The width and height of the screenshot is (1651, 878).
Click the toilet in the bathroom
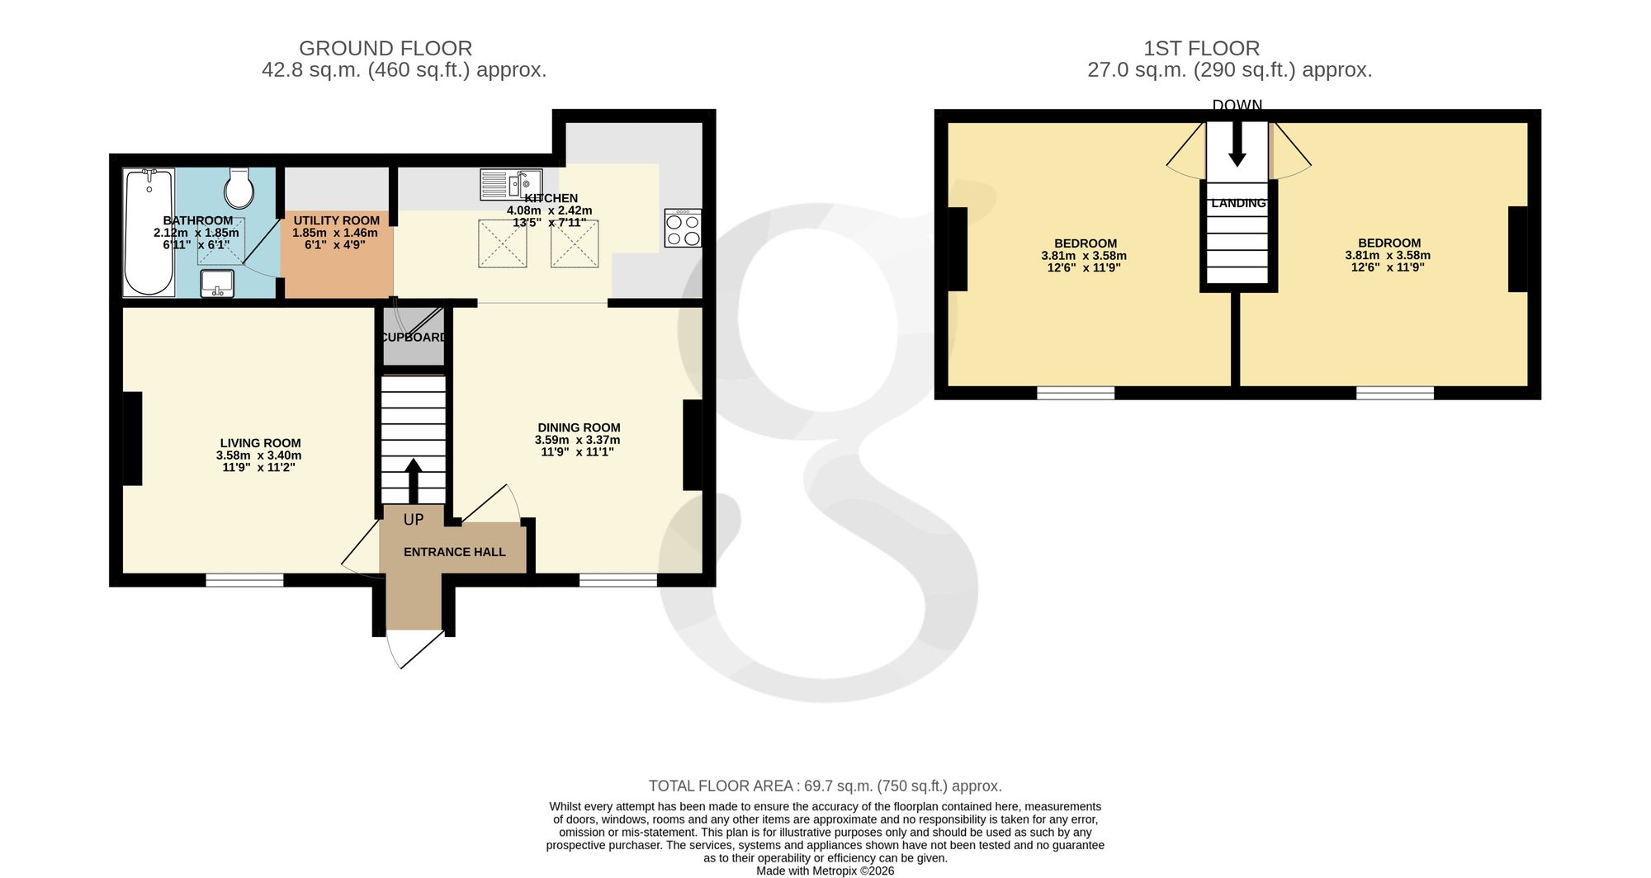coord(239,189)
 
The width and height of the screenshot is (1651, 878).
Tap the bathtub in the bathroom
coord(149,233)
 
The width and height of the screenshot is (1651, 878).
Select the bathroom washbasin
coord(217,283)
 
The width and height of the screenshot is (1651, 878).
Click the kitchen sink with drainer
coord(510,184)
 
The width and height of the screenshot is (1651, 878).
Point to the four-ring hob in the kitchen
coord(683,228)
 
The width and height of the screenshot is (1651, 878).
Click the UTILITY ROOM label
coord(337,220)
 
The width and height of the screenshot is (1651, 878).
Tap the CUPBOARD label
coord(414,338)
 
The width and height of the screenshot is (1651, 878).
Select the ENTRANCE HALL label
coord(455,552)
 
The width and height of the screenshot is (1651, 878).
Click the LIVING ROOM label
coord(260,443)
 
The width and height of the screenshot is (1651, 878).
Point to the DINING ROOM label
coord(579,427)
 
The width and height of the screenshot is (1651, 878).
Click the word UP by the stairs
coord(414,520)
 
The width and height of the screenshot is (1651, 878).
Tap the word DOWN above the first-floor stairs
coord(1237,105)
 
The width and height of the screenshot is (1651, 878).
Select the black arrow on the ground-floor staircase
coord(414,480)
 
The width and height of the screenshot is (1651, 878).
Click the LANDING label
coord(1238,203)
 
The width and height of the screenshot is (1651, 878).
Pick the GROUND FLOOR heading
coord(386,49)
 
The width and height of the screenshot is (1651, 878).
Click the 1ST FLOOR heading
coord(1202,49)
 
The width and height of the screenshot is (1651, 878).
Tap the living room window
coord(244,580)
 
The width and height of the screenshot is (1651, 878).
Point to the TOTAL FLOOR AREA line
coord(825,786)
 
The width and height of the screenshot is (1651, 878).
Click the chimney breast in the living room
coord(132,438)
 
